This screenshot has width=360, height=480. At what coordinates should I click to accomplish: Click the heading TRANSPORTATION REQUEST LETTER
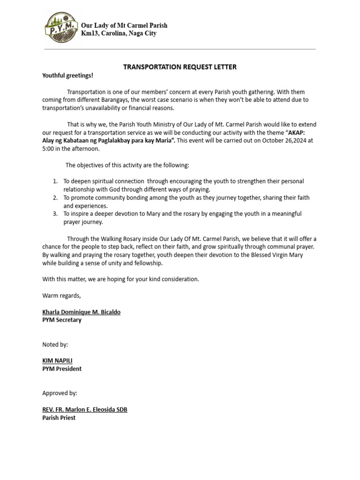[180, 67]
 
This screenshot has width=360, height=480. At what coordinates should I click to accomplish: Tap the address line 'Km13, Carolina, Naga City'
[119, 34]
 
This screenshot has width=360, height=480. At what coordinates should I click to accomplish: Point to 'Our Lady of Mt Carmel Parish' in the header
[124, 25]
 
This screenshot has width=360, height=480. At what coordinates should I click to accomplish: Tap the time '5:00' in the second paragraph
[49, 148]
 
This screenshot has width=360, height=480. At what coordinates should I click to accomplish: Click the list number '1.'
[55, 181]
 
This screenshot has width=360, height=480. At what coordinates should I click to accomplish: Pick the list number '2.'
[55, 198]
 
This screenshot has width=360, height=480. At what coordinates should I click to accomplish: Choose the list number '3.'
[55, 214]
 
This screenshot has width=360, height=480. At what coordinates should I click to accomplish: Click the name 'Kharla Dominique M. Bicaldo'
[81, 312]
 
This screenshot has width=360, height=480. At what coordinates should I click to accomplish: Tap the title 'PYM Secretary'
[62, 320]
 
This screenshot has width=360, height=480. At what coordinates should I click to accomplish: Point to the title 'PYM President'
[62, 369]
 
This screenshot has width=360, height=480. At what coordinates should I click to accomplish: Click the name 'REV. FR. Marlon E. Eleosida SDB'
[84, 409]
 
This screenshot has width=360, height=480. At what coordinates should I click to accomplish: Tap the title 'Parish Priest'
[59, 418]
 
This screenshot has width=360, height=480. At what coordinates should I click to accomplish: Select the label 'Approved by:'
[60, 393]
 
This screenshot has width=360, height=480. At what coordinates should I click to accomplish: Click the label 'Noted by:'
[55, 345]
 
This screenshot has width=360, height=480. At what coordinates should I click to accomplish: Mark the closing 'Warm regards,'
[61, 296]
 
